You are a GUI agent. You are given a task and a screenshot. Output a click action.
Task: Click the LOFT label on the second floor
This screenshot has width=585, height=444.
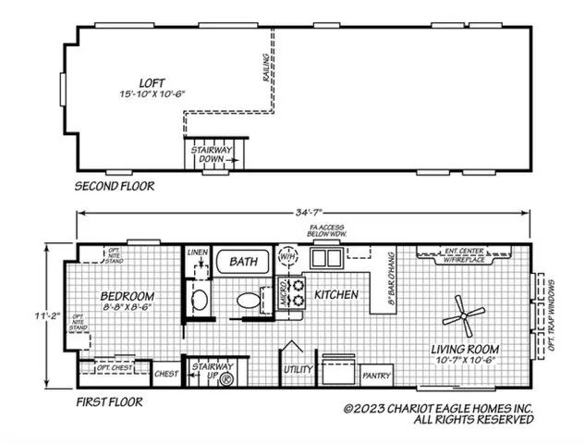[x=140, y=81]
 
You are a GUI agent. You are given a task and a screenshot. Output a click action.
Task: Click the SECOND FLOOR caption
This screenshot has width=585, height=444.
[x=115, y=186]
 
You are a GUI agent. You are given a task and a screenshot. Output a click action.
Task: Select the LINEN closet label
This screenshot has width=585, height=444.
[x=196, y=252]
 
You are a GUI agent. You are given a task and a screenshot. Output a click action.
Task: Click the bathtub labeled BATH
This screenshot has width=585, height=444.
[x=243, y=263]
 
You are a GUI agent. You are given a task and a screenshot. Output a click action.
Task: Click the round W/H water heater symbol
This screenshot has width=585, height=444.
[x=287, y=255]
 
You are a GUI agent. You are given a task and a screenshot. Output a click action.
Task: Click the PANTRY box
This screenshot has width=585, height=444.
[x=376, y=376]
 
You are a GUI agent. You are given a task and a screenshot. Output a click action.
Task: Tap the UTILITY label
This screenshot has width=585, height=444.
[x=298, y=369]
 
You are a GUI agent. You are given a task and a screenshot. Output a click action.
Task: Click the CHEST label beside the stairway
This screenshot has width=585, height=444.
[x=165, y=374]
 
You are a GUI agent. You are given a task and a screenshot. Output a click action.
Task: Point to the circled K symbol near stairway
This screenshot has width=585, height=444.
[x=225, y=376]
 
